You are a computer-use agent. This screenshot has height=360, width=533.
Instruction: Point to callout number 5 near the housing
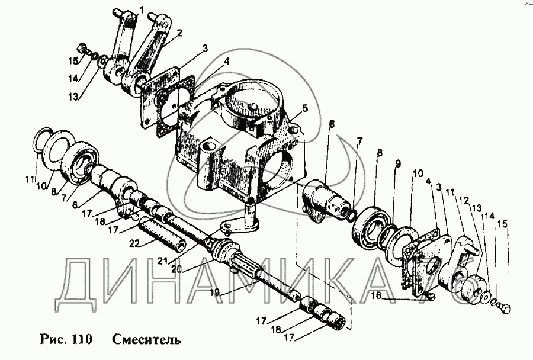pos(305,108)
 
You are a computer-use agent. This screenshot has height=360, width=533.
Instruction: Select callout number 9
pos(398,163)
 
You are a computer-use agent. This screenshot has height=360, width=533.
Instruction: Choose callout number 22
pos(135,243)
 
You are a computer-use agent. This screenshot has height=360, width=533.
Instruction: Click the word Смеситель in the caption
pos(146,339)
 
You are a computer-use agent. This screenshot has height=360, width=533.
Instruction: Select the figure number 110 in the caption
pos(82,339)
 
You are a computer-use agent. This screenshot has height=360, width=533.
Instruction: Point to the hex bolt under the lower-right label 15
pos(506,309)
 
